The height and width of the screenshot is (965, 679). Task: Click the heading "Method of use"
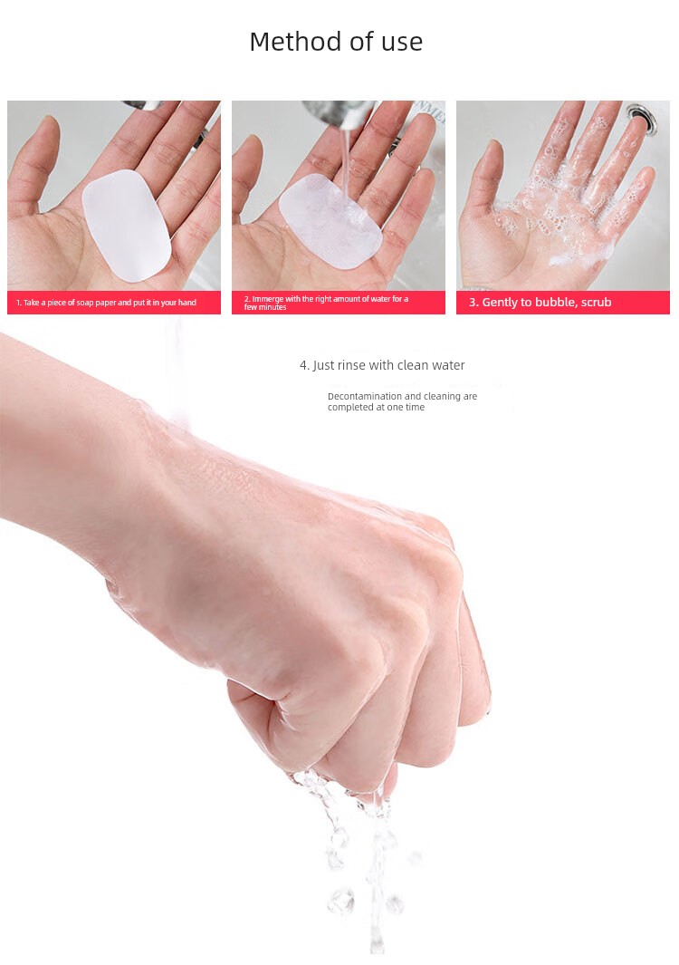point(336,42)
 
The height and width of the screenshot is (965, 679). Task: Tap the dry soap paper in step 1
point(127,226)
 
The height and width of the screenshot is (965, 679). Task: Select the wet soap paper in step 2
point(330,221)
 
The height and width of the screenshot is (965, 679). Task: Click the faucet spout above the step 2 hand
point(339,111)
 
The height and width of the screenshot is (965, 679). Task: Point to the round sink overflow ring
point(642,117)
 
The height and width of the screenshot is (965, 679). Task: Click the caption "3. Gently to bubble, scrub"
point(540,302)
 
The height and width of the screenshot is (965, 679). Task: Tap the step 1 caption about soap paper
point(107,303)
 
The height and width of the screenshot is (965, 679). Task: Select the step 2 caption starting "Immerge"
point(326,303)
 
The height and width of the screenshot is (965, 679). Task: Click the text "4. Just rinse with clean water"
point(382,365)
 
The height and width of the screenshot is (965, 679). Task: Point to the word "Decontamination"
point(365,396)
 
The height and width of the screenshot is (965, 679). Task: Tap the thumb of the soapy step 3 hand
point(483,179)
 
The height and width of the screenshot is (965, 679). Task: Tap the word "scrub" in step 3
point(596,302)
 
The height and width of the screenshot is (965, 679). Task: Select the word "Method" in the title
point(296,42)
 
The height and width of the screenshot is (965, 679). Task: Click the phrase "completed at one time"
point(376,408)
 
